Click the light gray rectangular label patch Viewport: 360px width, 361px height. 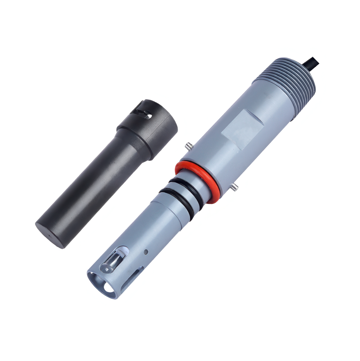click(242, 129)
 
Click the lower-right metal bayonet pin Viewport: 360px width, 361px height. click(234, 188)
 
